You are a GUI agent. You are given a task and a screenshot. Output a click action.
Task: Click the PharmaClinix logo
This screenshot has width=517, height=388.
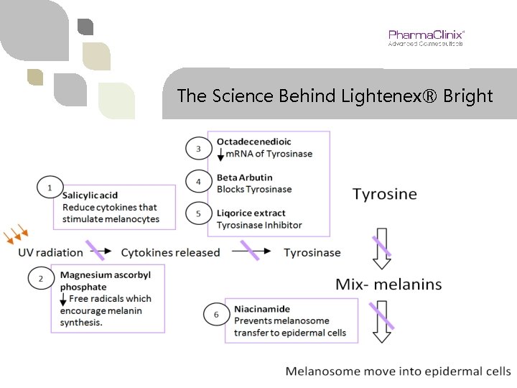425,37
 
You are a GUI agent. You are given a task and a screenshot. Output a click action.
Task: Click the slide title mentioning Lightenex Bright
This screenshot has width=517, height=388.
335,96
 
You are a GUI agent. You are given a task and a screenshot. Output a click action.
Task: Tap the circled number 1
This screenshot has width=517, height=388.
49,188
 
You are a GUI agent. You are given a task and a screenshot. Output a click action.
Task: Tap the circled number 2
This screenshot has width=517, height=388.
40,278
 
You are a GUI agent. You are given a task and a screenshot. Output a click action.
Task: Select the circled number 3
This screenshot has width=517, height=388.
198,149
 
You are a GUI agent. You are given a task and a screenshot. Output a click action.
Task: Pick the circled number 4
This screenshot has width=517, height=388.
198,182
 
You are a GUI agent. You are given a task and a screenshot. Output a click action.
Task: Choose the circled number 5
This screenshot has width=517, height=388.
198,213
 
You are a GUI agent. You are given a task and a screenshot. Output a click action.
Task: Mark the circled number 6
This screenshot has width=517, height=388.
216,315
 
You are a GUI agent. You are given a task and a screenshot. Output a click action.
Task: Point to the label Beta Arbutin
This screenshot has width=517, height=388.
245,177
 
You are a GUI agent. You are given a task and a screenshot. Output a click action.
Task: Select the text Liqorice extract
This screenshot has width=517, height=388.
251,213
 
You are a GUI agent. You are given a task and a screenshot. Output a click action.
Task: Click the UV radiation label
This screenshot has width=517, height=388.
50,252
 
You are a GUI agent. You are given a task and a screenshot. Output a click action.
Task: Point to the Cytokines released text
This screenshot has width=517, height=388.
170,252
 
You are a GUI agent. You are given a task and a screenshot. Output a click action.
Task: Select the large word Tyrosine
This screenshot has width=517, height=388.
384,194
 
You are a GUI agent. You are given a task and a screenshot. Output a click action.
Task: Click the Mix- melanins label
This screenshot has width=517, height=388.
388,284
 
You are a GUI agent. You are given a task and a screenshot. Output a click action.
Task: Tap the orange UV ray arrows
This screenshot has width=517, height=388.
15,235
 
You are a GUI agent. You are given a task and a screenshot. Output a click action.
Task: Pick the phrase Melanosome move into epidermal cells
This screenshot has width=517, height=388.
398,371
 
